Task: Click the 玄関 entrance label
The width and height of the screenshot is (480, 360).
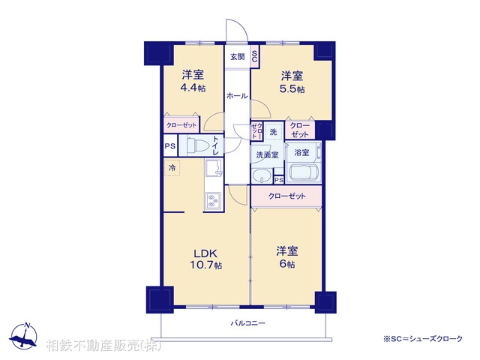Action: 237,57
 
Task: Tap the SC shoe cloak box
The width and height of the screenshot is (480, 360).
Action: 254,57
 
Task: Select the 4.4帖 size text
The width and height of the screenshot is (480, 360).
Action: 193,88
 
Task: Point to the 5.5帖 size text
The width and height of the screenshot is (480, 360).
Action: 292,88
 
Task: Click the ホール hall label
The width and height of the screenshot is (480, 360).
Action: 237,96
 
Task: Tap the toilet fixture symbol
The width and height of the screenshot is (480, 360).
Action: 197,145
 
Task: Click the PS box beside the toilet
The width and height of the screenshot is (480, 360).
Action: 170,146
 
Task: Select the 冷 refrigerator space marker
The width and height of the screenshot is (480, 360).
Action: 172,168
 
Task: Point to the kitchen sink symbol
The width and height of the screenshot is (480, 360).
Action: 214,168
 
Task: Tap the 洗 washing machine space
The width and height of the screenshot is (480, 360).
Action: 273,132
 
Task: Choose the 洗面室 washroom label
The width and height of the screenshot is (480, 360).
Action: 267,155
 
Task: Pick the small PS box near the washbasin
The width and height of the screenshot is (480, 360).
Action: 279,180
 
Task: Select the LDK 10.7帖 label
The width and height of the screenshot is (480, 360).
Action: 205,259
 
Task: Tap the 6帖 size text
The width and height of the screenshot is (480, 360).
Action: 287,264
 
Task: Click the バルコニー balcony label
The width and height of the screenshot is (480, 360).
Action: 248,323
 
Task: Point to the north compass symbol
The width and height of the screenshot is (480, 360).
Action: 23,336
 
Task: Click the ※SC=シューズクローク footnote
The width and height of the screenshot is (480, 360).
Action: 423,339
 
